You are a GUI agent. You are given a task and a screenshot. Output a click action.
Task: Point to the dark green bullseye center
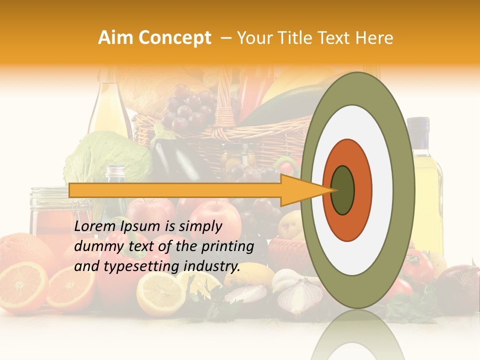tap(343, 190)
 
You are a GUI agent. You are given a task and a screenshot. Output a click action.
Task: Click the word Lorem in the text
tap(95, 226)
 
